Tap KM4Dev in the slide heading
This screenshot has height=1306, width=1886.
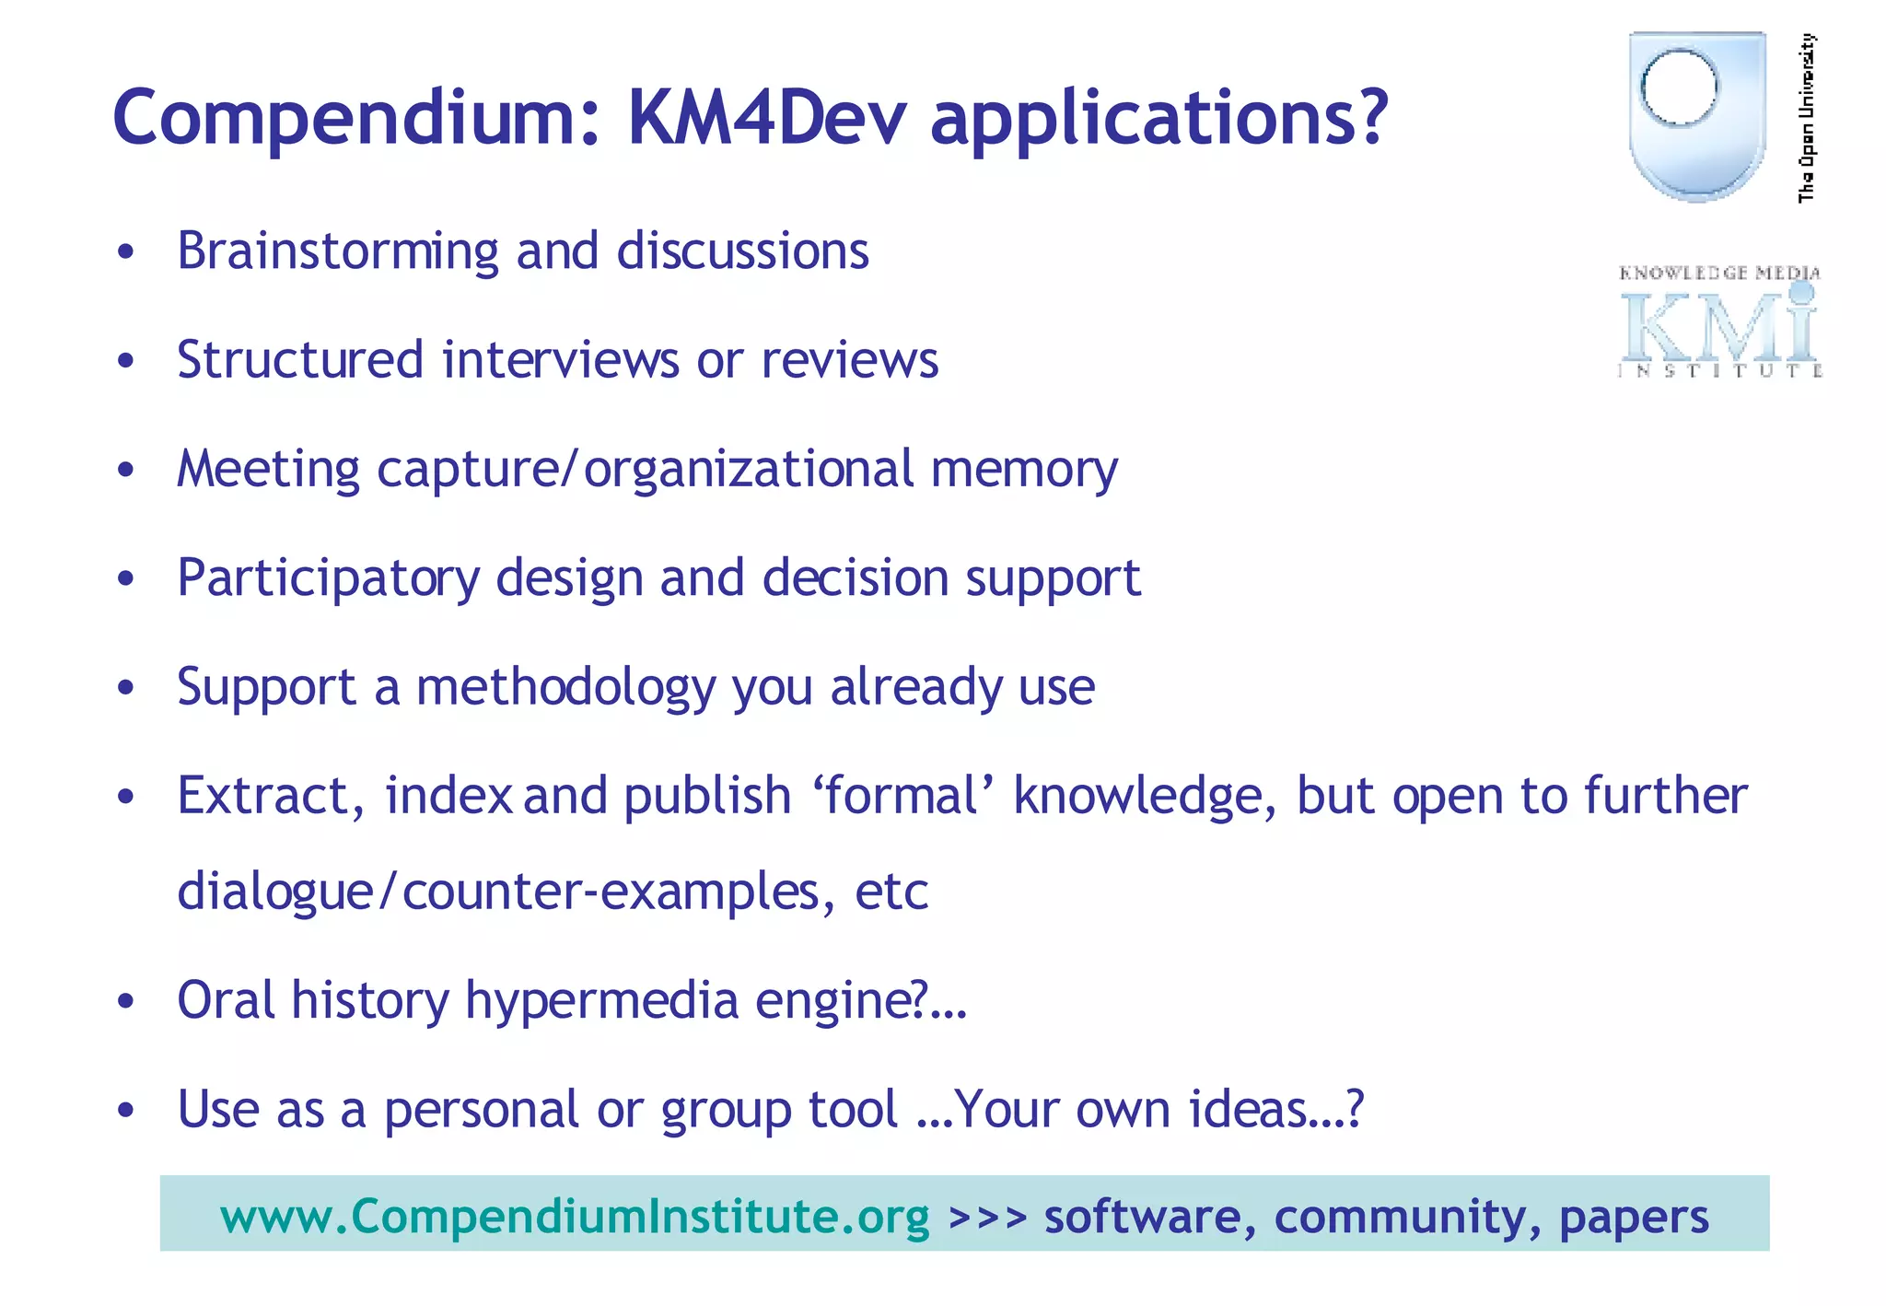click(766, 118)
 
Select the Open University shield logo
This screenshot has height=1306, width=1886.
click(1696, 115)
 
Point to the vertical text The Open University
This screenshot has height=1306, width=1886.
click(1807, 117)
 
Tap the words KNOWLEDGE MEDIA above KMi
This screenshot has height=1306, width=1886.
click(1718, 273)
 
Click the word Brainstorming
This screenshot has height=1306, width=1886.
click(337, 251)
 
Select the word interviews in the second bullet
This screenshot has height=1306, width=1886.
click(560, 360)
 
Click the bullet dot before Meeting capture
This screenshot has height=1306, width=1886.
click(126, 470)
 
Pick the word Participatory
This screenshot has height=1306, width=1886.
click(328, 579)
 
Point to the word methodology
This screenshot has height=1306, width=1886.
click(565, 688)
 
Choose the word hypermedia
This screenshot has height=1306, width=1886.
click(601, 1001)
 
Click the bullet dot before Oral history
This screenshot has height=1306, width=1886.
click(126, 1001)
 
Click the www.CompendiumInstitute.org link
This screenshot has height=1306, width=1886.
click(575, 1217)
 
